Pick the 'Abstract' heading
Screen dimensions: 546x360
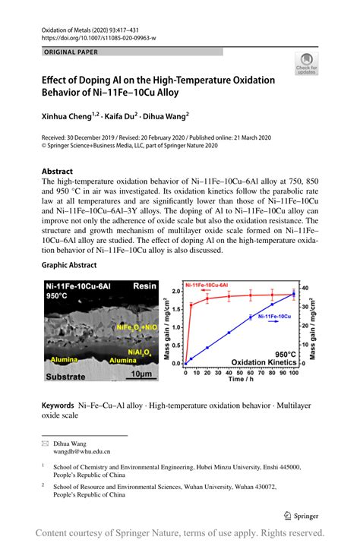(x=57, y=172)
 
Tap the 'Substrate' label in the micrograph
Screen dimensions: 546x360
(x=69, y=375)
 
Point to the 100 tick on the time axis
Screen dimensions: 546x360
(x=293, y=374)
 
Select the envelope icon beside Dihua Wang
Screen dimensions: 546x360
(x=45, y=442)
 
